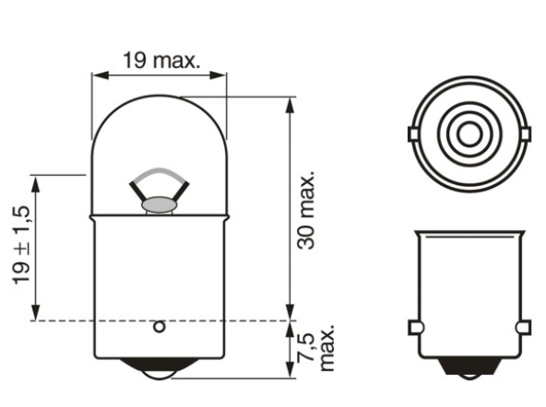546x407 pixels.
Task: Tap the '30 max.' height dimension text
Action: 307,209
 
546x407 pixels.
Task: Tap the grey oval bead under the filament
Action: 158,202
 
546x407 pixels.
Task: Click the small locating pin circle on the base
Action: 158,326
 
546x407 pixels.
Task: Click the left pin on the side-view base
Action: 413,327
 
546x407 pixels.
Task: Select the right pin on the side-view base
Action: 525,327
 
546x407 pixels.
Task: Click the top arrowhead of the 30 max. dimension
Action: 289,101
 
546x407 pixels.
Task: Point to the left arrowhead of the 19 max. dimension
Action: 95,75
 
